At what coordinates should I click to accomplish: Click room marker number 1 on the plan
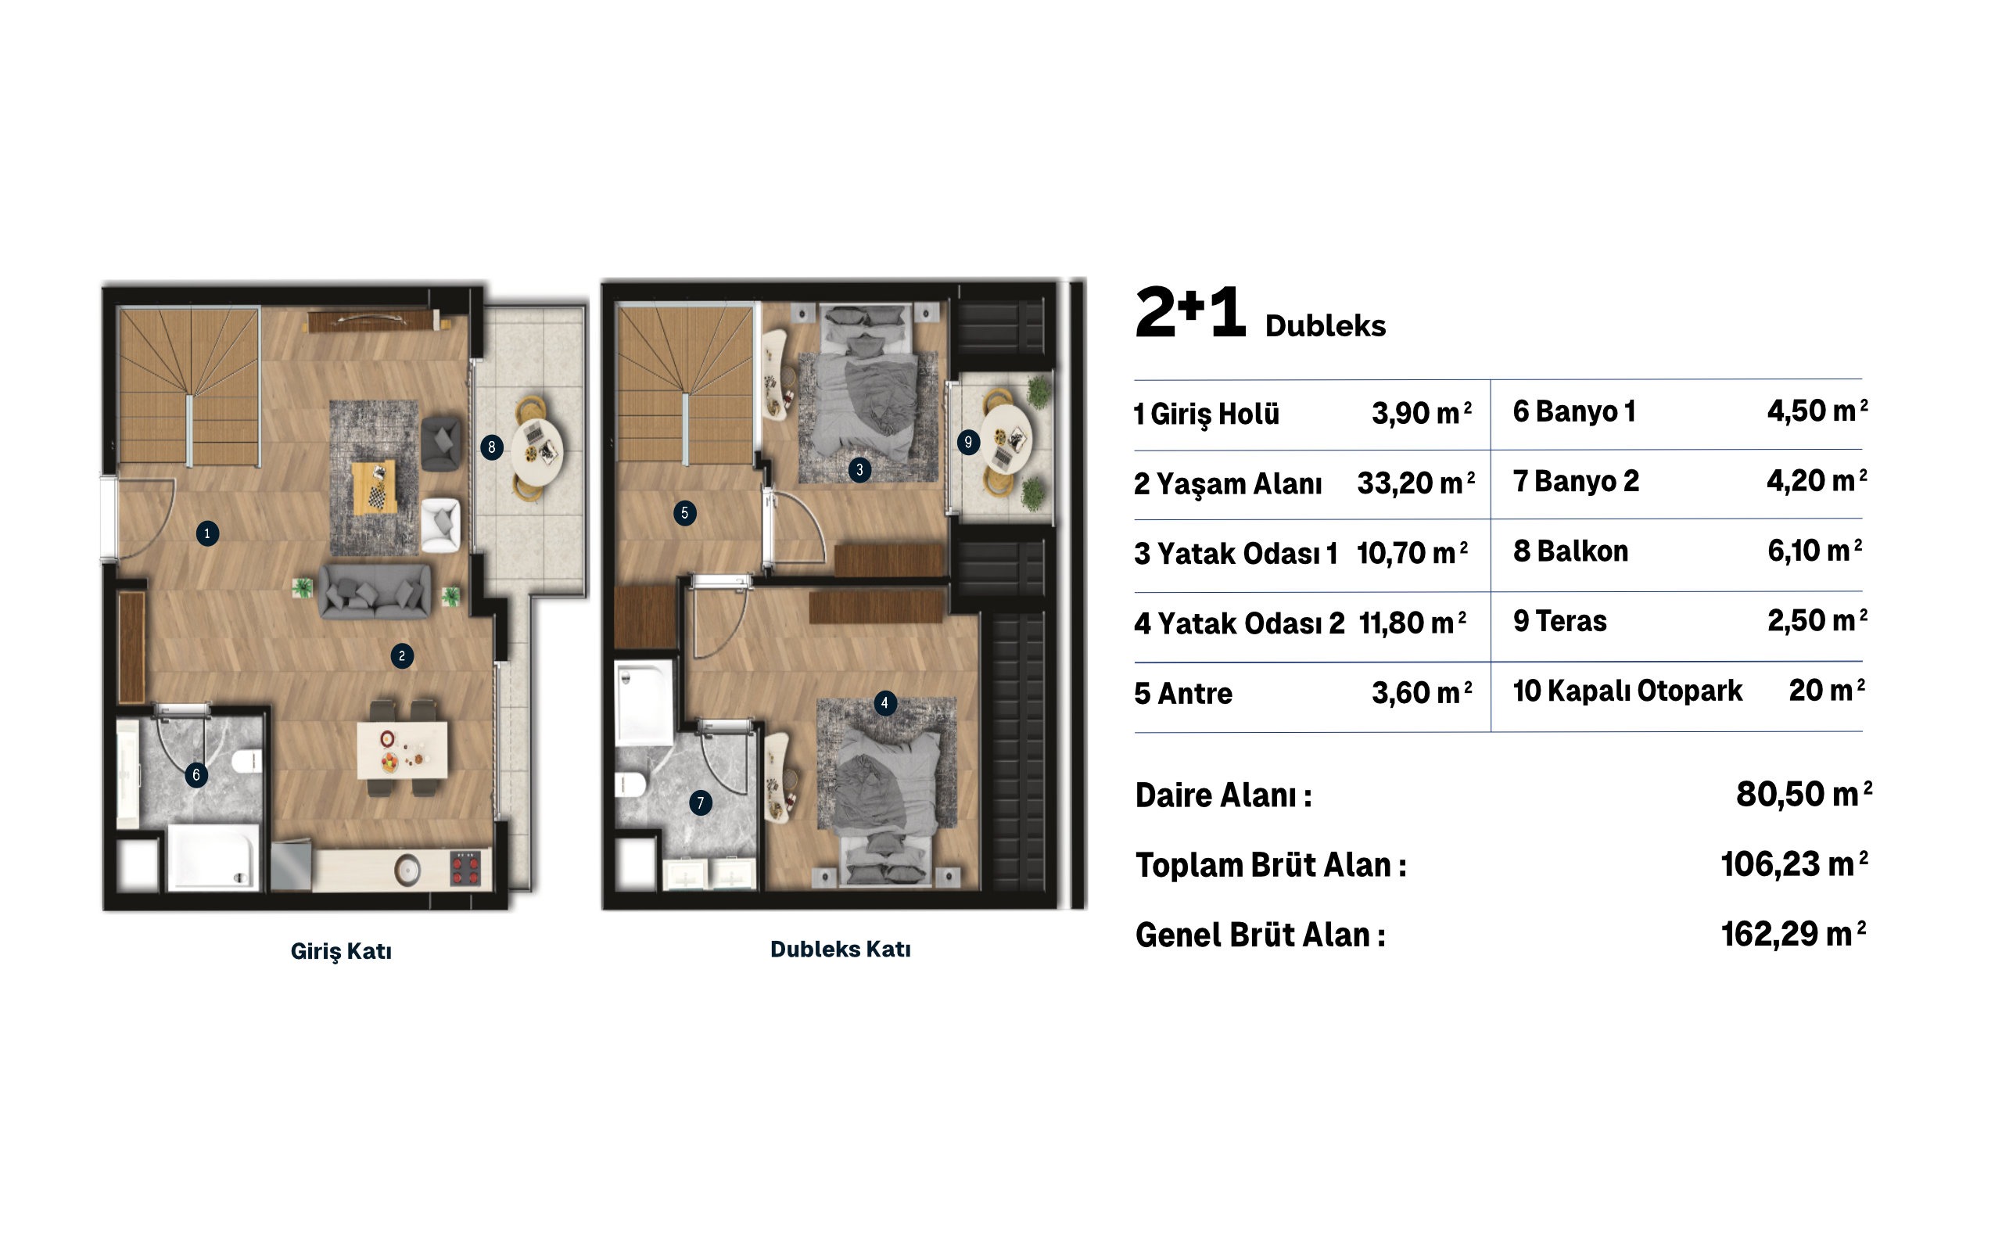point(207,533)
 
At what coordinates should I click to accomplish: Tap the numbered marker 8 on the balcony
point(491,447)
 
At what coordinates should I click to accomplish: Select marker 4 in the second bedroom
point(884,703)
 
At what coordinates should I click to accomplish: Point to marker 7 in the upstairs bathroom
point(701,802)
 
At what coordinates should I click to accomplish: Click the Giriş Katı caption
point(341,951)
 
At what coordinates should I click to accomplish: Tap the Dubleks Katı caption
point(840,949)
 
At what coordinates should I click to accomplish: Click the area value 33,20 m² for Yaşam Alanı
point(1415,483)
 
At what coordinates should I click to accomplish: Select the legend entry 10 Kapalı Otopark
point(1627,691)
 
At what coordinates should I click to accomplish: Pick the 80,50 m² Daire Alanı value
point(1803,795)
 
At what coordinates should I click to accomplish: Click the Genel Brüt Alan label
point(1261,935)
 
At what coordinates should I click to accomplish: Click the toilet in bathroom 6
point(247,761)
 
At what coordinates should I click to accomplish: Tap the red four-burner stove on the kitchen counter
point(465,868)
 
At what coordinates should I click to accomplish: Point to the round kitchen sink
point(407,869)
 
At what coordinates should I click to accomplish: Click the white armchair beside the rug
point(440,524)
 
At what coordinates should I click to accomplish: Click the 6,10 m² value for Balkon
point(1815,551)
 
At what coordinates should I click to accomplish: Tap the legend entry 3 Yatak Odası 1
point(1236,554)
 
